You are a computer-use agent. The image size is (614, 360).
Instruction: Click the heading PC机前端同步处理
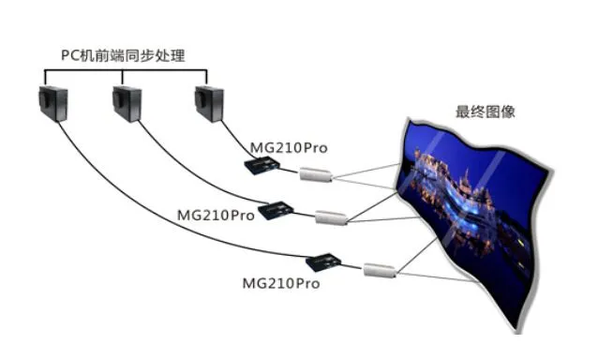click(123, 55)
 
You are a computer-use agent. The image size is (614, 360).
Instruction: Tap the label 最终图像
click(486, 112)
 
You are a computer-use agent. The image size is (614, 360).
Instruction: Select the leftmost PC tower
click(53, 104)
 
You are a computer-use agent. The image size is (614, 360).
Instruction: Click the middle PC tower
click(127, 104)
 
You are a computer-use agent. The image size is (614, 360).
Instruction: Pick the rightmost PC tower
click(209, 104)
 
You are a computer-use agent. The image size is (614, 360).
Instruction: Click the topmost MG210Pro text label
click(289, 148)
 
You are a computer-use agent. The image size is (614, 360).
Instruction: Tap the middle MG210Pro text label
click(216, 216)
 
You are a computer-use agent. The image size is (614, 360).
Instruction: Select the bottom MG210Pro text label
click(281, 283)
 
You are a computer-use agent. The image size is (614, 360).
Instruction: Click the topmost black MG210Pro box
click(262, 165)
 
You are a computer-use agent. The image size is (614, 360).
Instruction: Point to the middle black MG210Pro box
click(276, 210)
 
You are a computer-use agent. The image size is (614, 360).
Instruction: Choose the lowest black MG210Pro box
click(323, 262)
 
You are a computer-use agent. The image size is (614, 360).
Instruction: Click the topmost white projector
click(317, 174)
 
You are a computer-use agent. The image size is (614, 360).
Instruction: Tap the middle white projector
click(332, 217)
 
